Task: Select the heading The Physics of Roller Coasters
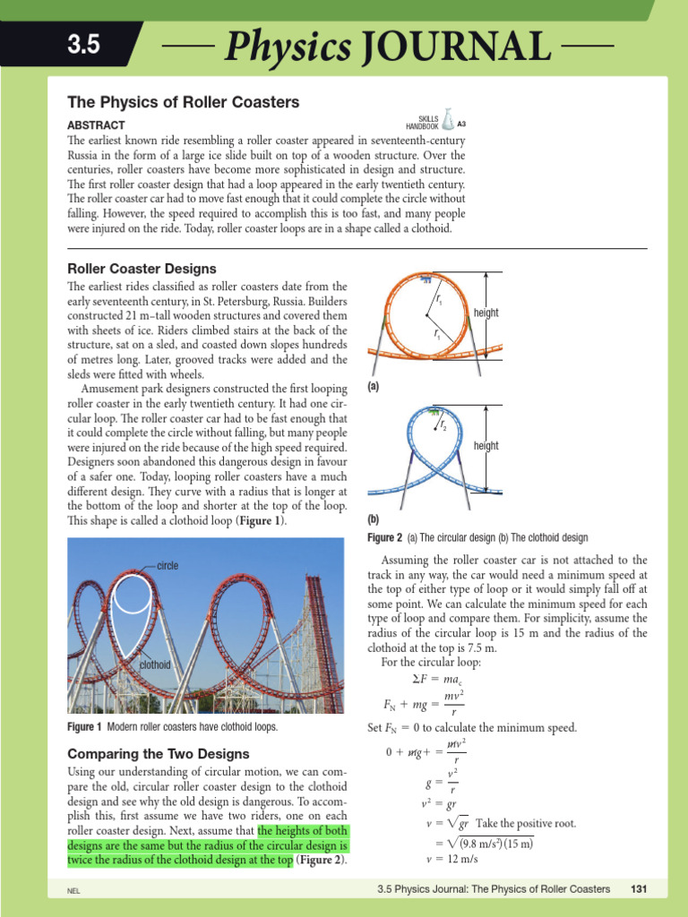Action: tap(184, 102)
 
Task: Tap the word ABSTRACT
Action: tap(97, 125)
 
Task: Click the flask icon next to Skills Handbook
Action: tap(448, 124)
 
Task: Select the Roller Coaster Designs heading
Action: tap(142, 269)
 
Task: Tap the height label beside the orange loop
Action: tap(486, 313)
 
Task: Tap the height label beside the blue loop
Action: tap(486, 445)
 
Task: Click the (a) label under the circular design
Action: tap(374, 388)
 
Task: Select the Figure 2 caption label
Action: tap(385, 538)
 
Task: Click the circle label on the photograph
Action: tap(168, 566)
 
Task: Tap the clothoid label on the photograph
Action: tap(155, 665)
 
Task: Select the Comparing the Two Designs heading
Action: tap(158, 754)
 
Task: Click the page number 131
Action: tap(639, 889)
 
